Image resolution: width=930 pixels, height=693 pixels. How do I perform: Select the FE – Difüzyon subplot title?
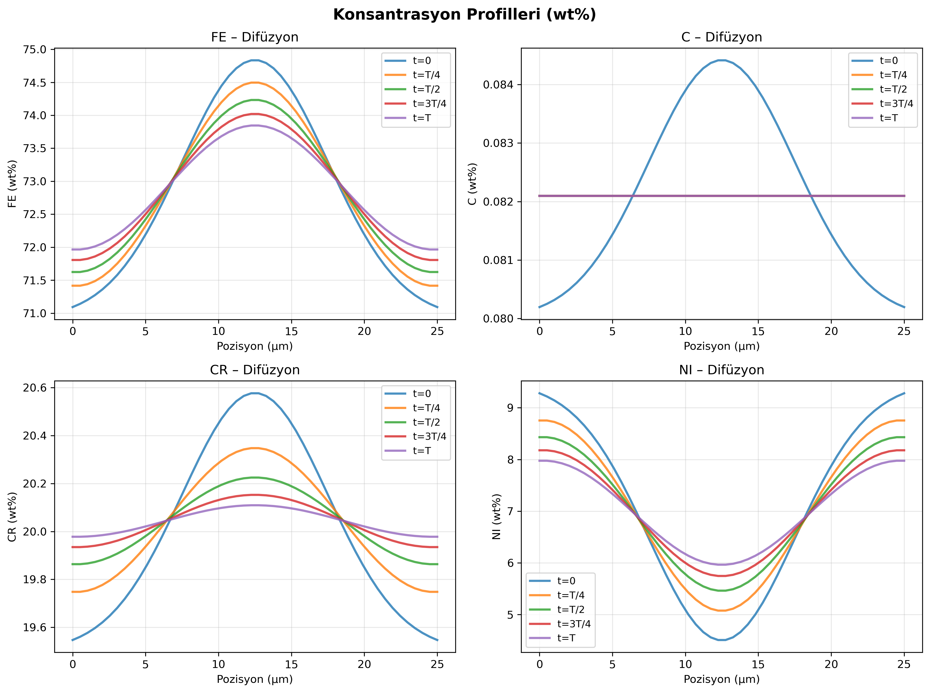pyautogui.click(x=254, y=37)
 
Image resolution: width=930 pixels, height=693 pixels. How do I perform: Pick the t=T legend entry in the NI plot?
pyautogui.click(x=566, y=638)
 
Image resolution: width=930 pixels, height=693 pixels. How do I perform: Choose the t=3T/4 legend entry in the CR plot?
pyautogui.click(x=429, y=436)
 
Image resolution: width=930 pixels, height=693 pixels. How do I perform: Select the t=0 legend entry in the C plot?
pyautogui.click(x=889, y=61)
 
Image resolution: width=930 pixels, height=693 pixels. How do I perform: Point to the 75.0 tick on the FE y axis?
pyautogui.click(x=35, y=50)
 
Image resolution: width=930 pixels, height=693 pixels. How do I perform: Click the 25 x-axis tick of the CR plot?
pyautogui.click(x=437, y=665)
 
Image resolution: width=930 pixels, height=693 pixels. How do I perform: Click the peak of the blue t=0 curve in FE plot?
pyautogui.click(x=255, y=60)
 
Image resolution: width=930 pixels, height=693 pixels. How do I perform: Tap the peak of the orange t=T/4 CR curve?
pyautogui.click(x=255, y=448)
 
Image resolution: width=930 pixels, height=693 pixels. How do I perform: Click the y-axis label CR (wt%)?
pyautogui.click(x=12, y=517)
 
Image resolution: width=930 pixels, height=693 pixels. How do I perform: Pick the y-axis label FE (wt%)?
pyautogui.click(x=12, y=184)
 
